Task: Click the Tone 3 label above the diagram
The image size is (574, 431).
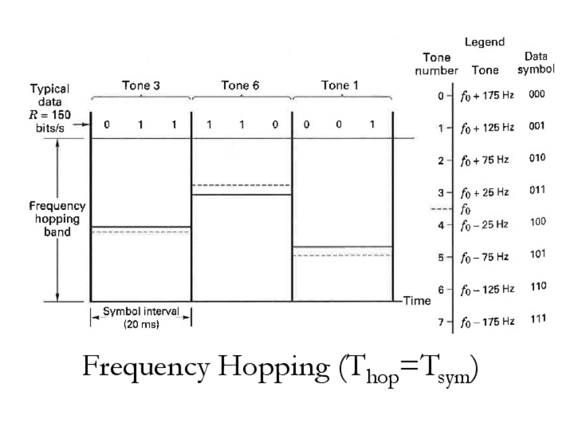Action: point(141,86)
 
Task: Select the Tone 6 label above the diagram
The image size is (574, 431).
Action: point(240,86)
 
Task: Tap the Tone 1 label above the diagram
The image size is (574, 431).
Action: point(340,86)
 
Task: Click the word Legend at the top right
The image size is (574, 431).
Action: point(485,42)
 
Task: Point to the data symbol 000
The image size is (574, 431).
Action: point(537,95)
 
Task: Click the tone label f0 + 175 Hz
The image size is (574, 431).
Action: point(487,96)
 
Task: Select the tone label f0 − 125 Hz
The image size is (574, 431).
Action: point(487,290)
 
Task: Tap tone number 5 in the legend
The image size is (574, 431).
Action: point(441,257)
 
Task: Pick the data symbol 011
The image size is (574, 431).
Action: point(537,190)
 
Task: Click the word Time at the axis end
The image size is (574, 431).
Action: point(417,301)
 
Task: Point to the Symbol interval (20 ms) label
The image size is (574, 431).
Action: point(141,318)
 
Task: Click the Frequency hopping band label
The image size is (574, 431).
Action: point(58,219)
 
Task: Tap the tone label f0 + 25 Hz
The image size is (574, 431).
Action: point(485,192)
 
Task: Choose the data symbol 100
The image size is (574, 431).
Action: point(537,222)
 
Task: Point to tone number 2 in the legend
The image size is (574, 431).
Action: point(441,160)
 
